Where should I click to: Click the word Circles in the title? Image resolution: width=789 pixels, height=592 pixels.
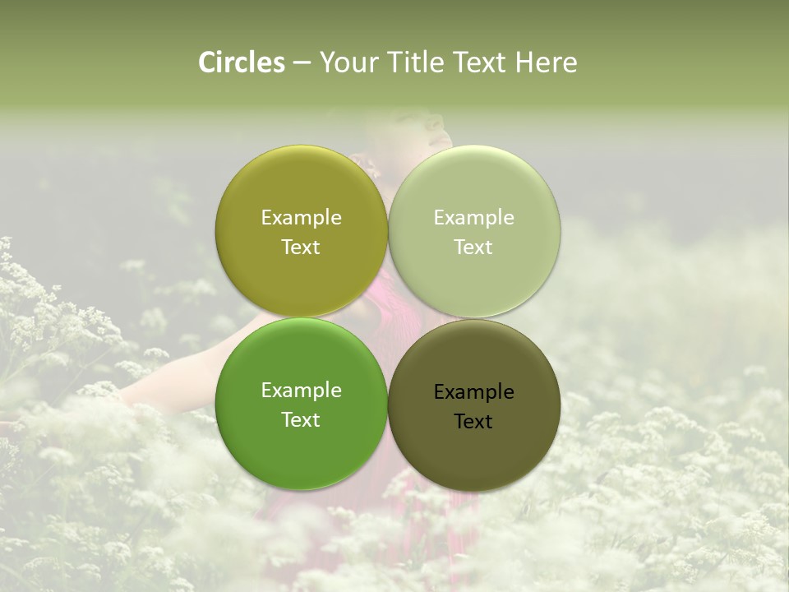(242, 62)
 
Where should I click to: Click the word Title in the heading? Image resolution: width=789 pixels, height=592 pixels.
(418, 62)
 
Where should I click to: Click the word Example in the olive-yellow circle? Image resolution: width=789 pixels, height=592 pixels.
(301, 217)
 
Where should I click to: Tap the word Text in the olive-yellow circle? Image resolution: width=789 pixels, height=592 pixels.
(301, 247)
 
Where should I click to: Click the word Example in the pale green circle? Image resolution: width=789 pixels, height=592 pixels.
(474, 217)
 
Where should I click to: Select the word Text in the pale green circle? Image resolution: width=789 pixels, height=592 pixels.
(474, 247)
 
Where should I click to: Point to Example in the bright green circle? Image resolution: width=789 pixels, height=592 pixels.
(301, 390)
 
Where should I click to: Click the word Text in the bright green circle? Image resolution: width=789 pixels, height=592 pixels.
(301, 419)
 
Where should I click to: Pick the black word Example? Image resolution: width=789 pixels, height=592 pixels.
(474, 391)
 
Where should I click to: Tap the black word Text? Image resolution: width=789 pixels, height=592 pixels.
(474, 421)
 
